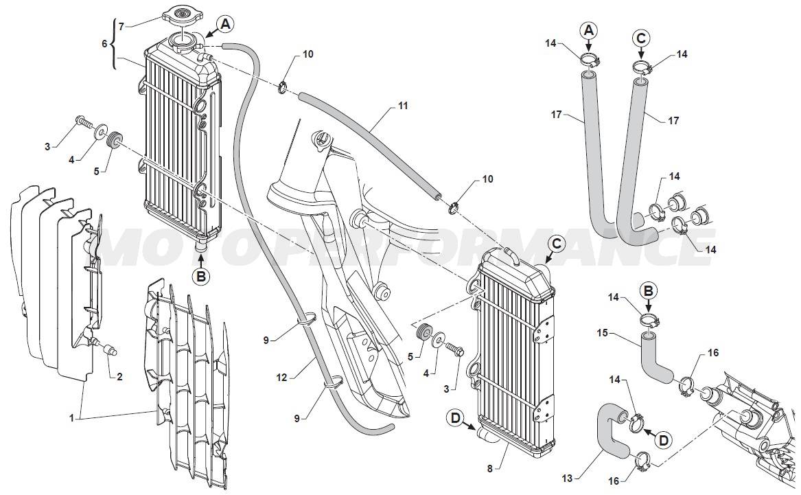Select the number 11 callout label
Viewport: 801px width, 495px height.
tap(402, 106)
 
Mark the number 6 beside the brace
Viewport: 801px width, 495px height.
tap(104, 43)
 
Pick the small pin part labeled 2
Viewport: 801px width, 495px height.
tap(108, 350)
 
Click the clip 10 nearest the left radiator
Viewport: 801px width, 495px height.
tap(283, 88)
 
